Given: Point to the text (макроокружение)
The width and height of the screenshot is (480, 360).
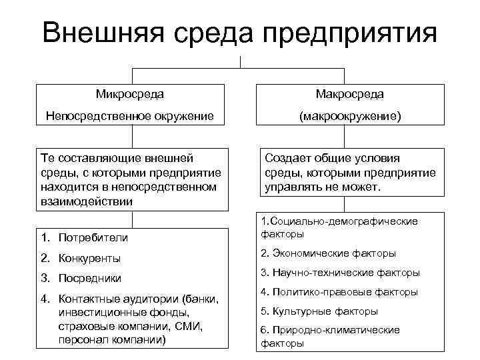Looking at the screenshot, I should [x=350, y=117].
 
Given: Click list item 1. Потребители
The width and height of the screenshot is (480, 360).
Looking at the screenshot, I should [x=84, y=237].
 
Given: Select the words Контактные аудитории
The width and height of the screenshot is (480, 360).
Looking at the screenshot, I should [x=111, y=299].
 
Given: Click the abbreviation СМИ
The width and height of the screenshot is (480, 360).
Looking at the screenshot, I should [x=185, y=325].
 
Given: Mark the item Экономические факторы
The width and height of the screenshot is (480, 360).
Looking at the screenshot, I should [x=329, y=253].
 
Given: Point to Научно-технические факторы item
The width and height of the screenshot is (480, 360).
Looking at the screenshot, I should [x=340, y=273].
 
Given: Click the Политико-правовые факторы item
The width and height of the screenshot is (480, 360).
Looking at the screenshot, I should [x=339, y=292].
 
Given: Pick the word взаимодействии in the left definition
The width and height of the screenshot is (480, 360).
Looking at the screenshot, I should [x=86, y=201].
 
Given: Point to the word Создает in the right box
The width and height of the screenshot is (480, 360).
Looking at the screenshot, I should [x=286, y=158].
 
